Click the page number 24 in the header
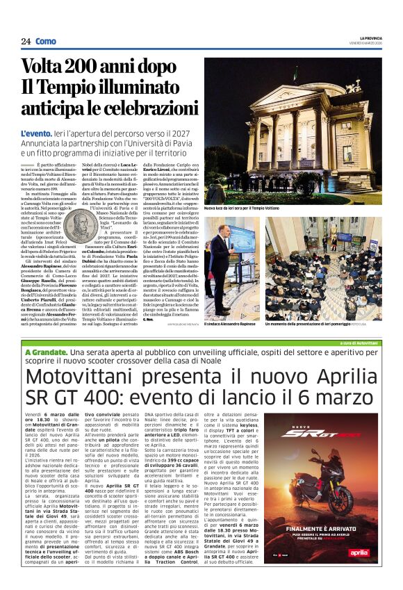coord(25,42)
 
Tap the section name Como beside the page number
coord(46,42)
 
